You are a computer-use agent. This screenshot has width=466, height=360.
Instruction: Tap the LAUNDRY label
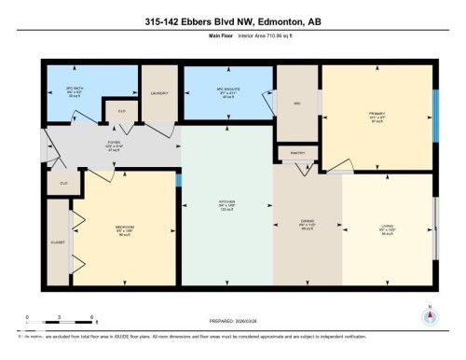pos(158,93)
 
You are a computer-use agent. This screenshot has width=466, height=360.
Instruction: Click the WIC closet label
pos(296,104)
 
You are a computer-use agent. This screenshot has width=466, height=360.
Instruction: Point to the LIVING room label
pos(386,225)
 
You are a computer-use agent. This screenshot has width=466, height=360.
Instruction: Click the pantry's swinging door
pos(304,168)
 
